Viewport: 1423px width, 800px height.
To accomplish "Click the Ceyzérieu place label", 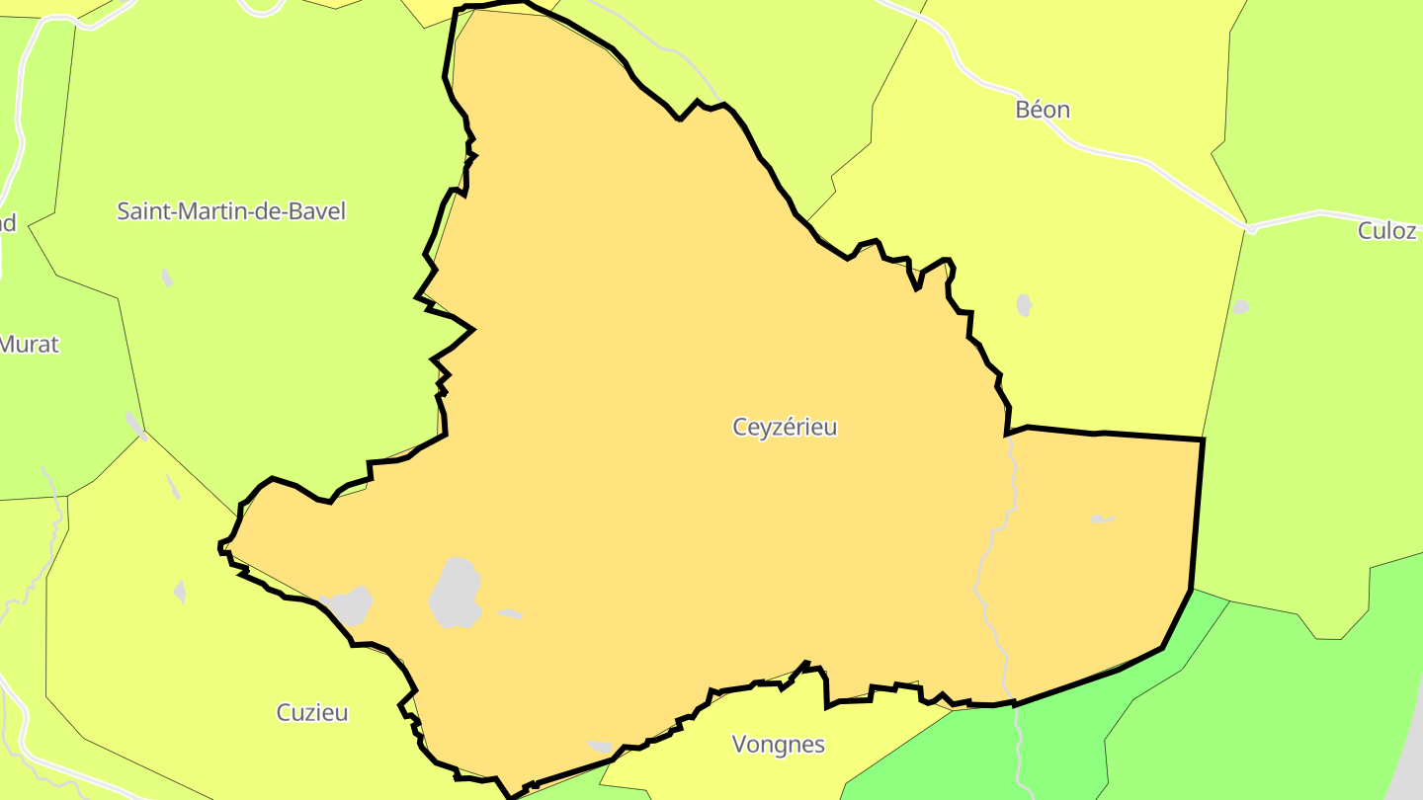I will tap(785, 427).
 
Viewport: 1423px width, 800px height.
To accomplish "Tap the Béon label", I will tap(1043, 110).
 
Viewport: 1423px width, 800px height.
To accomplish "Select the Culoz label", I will tap(1387, 231).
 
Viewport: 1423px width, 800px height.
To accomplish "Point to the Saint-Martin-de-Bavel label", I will tap(231, 210).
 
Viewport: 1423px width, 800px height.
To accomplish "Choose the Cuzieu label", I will tap(312, 712).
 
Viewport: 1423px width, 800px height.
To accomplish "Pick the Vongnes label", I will tap(779, 745).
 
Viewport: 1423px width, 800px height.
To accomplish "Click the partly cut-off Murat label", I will tap(30, 345).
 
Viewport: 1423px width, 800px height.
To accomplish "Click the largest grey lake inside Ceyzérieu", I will tap(456, 594).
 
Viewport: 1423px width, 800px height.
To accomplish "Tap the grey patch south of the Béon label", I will tap(1024, 305).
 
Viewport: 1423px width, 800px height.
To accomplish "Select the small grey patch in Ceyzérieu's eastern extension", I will tap(1102, 519).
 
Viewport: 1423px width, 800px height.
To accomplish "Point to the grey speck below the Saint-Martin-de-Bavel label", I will tap(167, 278).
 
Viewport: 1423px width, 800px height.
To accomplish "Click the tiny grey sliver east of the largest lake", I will tap(510, 614).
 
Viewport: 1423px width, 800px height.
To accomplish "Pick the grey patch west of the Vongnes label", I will tap(600, 746).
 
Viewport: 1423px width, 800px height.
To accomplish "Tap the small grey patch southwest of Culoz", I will tap(1240, 307).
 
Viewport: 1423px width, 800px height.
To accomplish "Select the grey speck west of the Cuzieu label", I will tap(180, 592).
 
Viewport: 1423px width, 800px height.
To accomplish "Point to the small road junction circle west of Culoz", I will tap(1251, 229).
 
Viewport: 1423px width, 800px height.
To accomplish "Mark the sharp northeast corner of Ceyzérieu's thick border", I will tap(1203, 439).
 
